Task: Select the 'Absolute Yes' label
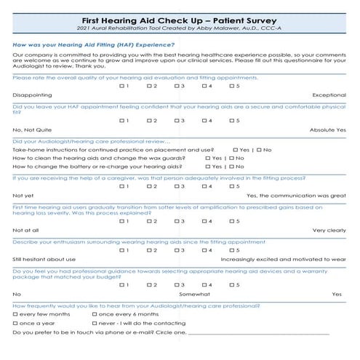[328, 129]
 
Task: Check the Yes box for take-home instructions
[236, 149]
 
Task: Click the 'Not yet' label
[23, 195]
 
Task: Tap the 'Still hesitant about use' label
[44, 258]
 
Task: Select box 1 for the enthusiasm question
[121, 249]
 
